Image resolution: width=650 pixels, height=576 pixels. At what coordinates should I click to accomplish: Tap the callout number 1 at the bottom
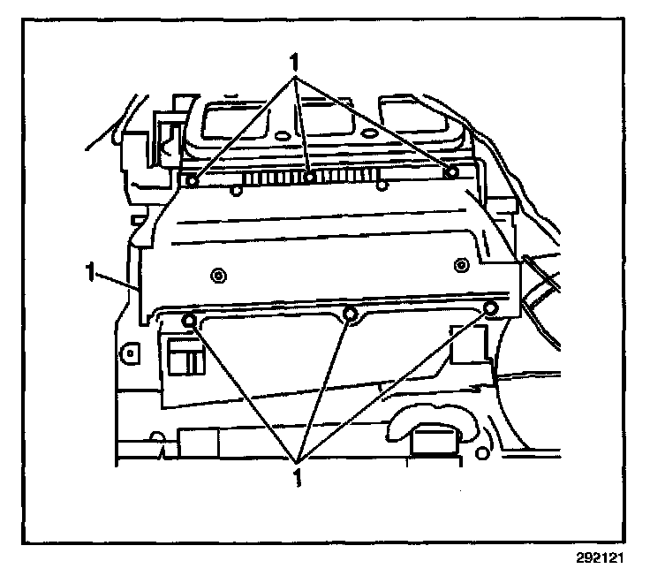point(298,477)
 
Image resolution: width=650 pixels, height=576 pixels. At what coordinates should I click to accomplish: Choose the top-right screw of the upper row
point(451,171)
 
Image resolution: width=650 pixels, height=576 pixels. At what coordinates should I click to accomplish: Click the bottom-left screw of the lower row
point(188,319)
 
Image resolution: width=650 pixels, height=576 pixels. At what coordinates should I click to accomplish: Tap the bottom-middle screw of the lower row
point(351,313)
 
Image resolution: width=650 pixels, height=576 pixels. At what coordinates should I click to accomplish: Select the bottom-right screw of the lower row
point(492,307)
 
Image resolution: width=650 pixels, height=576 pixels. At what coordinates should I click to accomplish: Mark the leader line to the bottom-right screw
point(397,382)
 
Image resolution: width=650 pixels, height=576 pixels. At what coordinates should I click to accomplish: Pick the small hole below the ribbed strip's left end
point(237,189)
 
